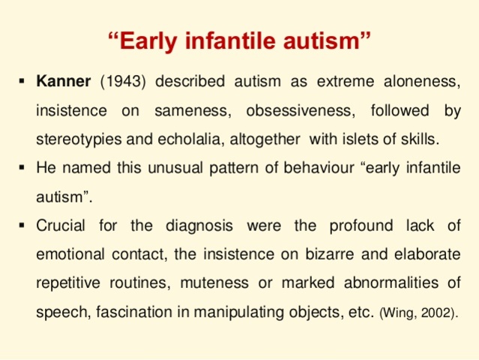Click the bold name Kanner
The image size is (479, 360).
coord(64,80)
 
